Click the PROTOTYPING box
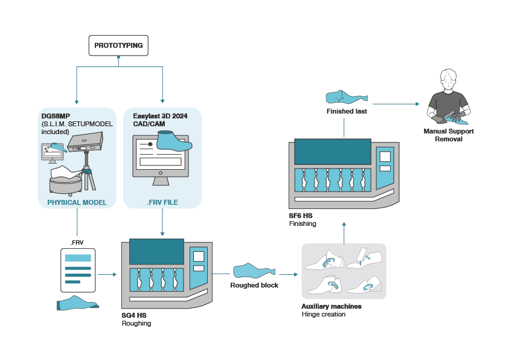click(x=118, y=46)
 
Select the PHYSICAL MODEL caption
click(x=77, y=202)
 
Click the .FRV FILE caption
click(x=162, y=202)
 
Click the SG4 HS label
click(x=134, y=315)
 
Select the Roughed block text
click(x=254, y=285)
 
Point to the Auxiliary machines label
click(x=331, y=306)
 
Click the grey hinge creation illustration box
click(x=344, y=271)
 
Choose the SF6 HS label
click(x=301, y=215)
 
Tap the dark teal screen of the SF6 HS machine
click(x=333, y=151)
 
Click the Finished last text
click(x=347, y=111)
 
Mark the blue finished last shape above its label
click(x=346, y=96)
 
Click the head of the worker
click(x=447, y=80)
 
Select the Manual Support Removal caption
click(x=448, y=135)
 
